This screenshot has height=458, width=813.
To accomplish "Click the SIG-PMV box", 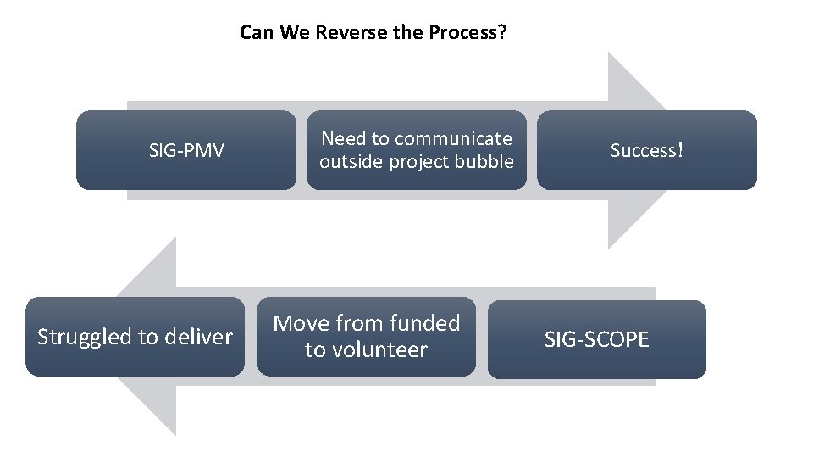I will (x=186, y=150).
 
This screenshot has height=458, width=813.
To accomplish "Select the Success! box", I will (x=647, y=150).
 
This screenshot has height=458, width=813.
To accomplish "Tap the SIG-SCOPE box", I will (x=596, y=340).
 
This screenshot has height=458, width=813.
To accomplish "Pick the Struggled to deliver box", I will (x=135, y=337).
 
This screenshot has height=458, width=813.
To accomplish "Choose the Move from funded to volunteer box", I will (x=366, y=337).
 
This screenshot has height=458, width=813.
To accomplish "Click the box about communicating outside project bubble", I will (x=416, y=150).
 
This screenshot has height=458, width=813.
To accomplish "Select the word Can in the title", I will (x=254, y=33).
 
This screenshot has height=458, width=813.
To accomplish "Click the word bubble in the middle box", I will (x=484, y=162).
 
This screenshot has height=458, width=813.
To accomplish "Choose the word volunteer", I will (x=377, y=350).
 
